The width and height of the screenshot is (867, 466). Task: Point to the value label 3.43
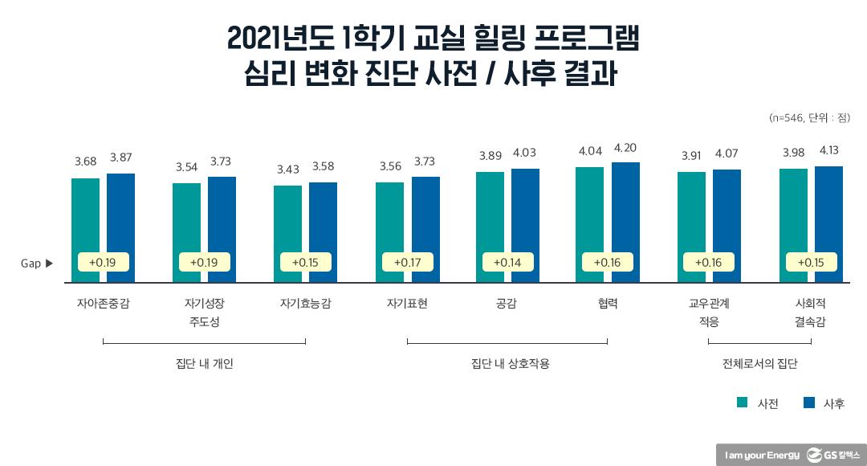(287, 170)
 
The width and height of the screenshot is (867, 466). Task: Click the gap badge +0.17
(407, 262)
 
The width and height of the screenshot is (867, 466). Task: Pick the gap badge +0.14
(507, 262)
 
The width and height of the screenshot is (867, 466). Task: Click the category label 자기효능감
(305, 305)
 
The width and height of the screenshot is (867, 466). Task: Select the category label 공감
(507, 305)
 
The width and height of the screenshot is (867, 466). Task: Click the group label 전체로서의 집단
(759, 363)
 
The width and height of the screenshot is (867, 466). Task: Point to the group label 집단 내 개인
(204, 363)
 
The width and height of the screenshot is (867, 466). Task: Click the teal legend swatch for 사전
(743, 403)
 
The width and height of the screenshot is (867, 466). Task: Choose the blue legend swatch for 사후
(809, 403)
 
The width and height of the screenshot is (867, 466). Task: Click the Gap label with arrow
(37, 263)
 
